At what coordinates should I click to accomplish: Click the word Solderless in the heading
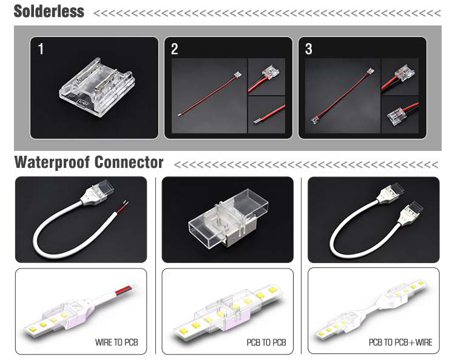[49, 12]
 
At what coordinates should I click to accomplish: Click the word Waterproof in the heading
[52, 162]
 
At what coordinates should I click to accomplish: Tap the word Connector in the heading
[129, 162]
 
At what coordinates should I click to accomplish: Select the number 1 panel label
[41, 48]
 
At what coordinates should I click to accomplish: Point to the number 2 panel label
[174, 48]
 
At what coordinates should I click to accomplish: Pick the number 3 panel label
[308, 48]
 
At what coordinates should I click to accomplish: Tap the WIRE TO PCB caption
[116, 342]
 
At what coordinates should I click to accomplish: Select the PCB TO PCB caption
[266, 342]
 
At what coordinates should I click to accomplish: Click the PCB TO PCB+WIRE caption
[400, 342]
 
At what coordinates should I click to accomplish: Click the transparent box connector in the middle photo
[228, 218]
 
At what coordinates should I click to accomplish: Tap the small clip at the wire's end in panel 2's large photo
[238, 74]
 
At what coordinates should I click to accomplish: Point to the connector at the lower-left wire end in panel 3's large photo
[315, 120]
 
